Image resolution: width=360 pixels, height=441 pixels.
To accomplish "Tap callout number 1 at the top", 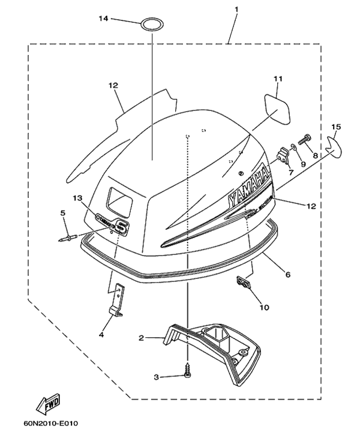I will click(236, 9).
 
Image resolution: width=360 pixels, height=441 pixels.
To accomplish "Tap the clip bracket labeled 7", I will click(280, 159).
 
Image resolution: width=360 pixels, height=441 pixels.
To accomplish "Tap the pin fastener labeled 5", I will click(67, 238).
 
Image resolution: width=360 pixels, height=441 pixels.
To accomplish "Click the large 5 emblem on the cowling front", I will click(122, 227).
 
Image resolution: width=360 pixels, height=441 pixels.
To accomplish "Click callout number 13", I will click(76, 197).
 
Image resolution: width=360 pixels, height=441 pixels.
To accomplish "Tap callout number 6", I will click(288, 274).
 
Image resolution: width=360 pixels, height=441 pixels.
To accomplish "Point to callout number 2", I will click(141, 338).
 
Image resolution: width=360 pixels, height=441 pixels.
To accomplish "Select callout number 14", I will click(103, 19).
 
